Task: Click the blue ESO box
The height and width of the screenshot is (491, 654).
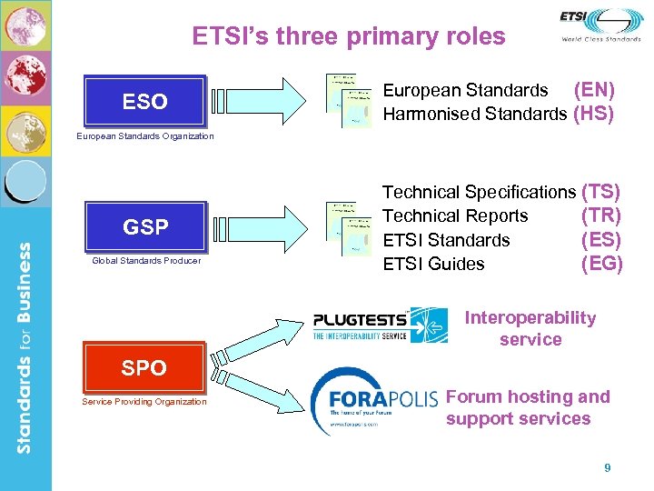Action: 144,101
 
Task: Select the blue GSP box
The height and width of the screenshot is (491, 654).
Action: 145,226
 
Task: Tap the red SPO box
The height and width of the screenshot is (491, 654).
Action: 144,367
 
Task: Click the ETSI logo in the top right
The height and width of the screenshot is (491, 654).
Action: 600,25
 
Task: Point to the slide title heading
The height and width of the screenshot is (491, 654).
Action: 349,36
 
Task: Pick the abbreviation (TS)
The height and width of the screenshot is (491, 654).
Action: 600,192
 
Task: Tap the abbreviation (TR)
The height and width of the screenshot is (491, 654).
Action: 600,215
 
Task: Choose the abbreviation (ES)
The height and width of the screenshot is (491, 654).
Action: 600,240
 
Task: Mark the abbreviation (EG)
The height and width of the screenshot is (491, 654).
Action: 600,264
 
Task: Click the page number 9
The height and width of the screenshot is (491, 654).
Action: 608,468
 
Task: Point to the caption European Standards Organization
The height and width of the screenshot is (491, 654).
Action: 145,136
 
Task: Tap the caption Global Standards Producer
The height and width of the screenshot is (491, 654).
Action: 145,261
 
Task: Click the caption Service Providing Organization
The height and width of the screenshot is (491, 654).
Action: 144,402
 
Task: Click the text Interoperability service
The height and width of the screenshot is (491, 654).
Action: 530,328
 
